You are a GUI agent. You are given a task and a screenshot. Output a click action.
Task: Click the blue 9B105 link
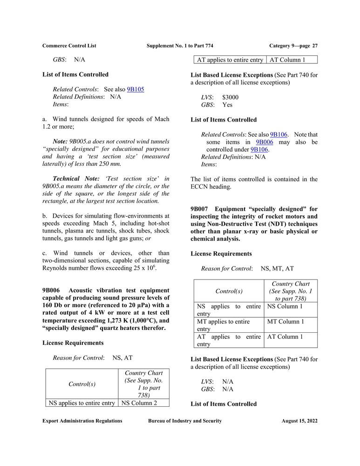(135, 89)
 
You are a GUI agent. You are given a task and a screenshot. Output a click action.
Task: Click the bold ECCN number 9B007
(201, 209)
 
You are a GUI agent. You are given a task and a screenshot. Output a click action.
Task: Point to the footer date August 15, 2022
(299, 421)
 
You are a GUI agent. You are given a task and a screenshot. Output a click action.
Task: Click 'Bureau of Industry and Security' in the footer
(185, 421)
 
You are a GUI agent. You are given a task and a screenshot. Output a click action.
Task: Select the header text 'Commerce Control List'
(69, 46)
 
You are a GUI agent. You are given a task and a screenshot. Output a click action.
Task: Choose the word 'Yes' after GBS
(227, 105)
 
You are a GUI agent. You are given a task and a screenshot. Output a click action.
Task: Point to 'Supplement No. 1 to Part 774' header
(180, 46)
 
